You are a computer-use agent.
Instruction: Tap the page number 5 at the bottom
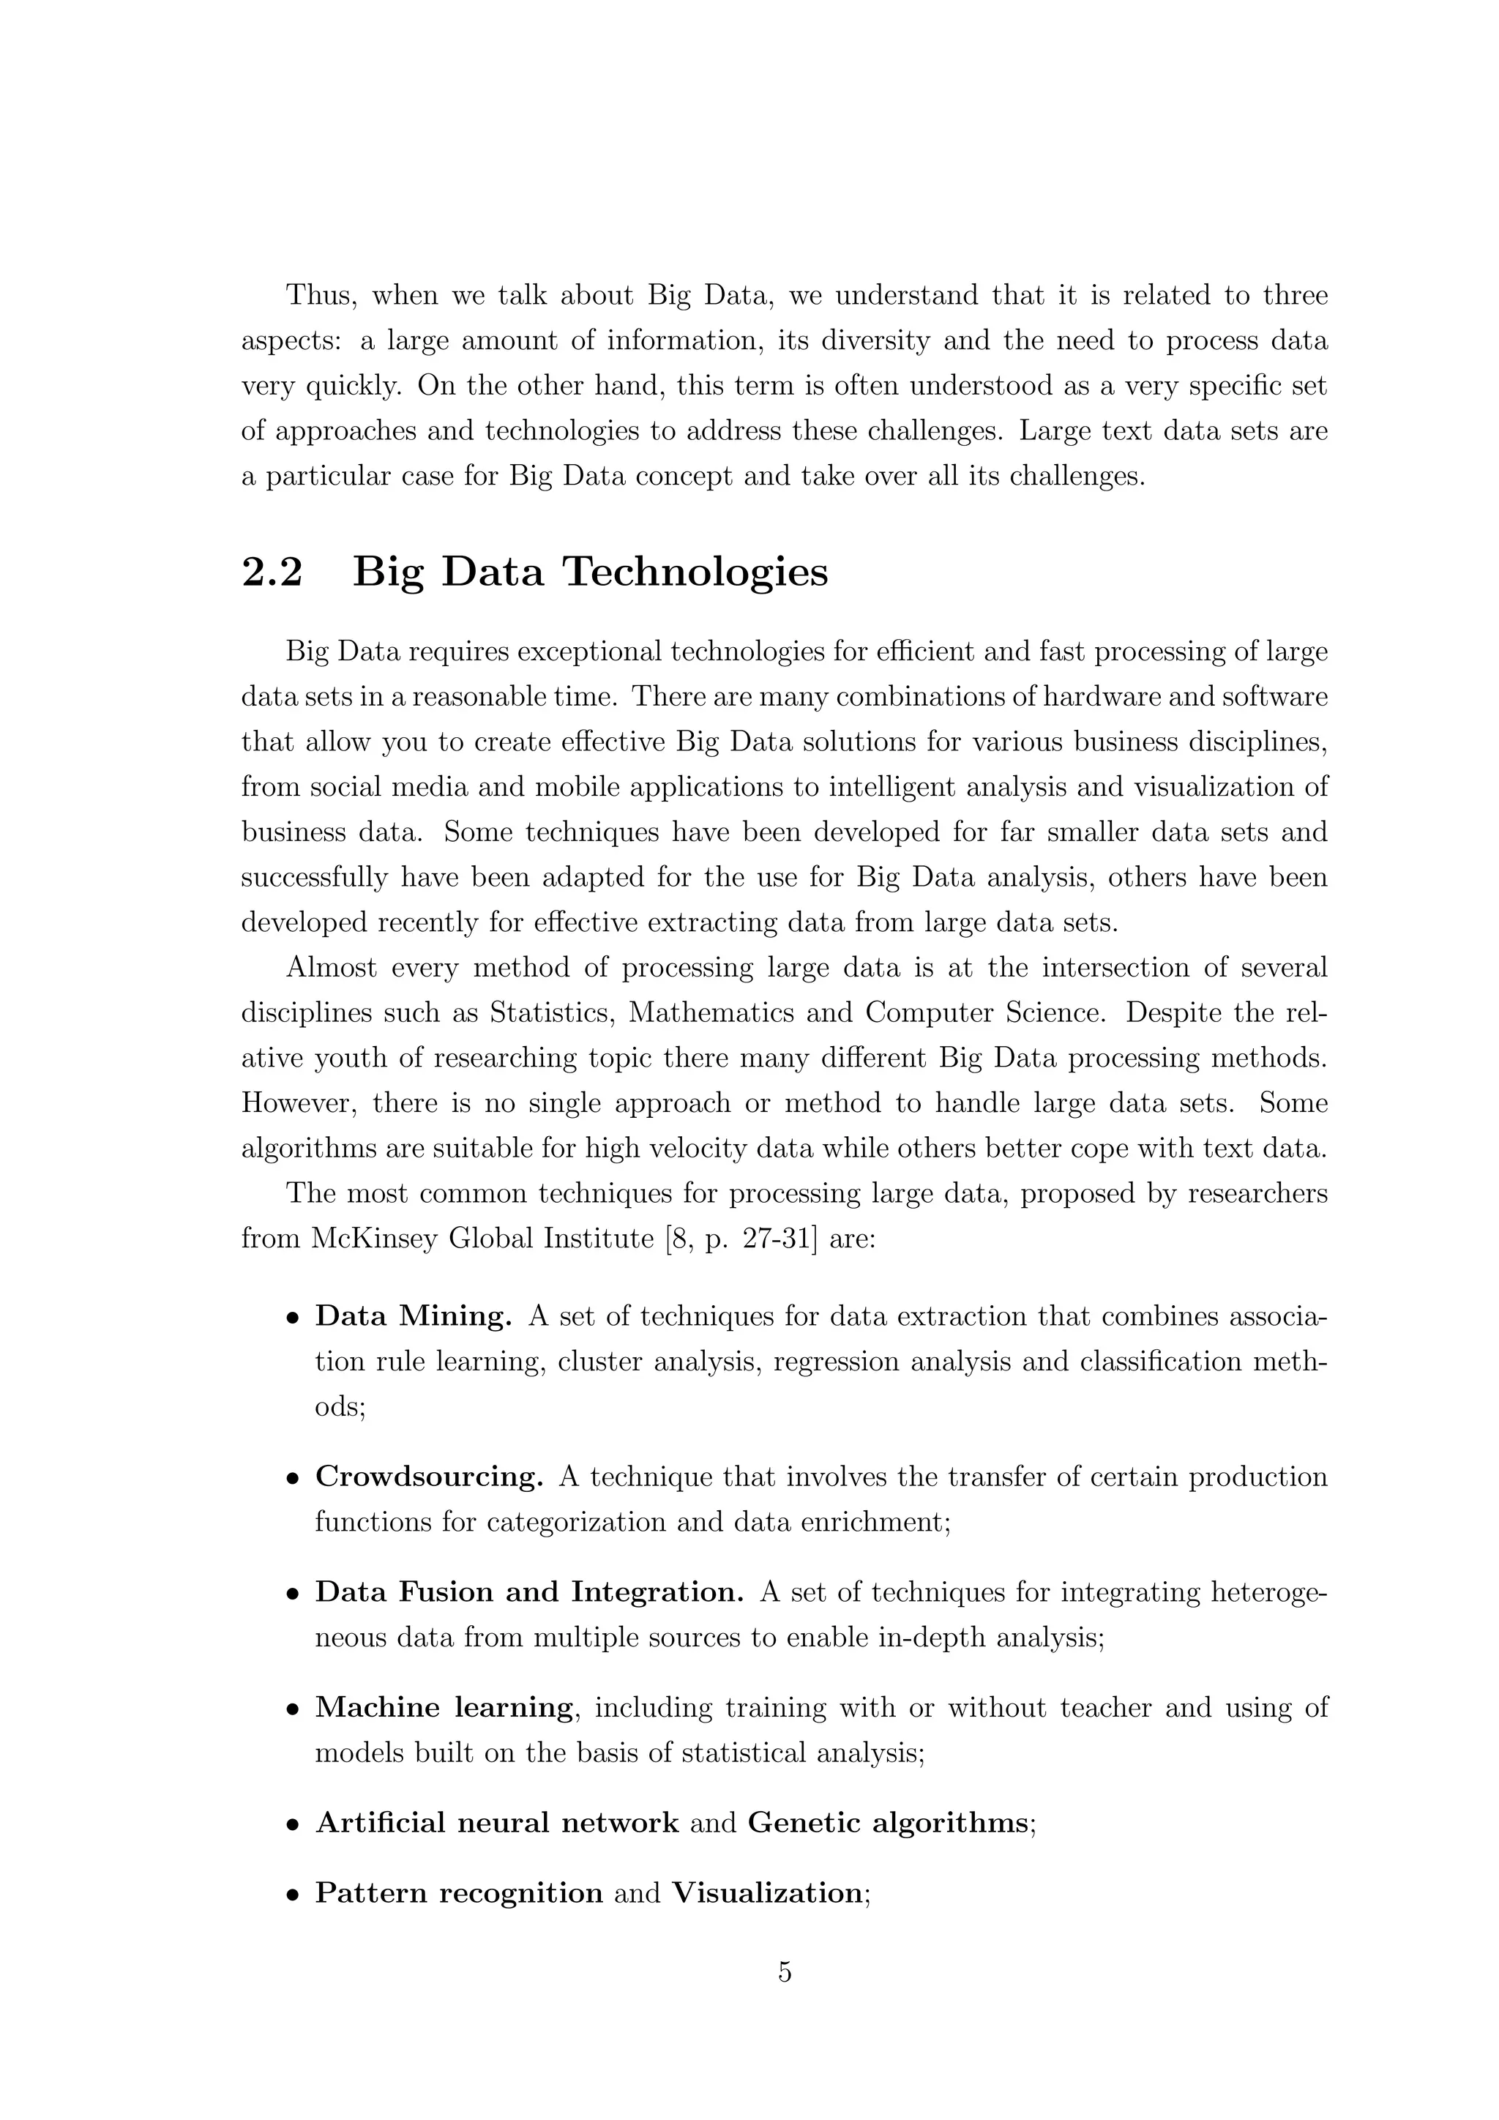click(x=785, y=1971)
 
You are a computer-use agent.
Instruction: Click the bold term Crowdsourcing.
click(x=429, y=1477)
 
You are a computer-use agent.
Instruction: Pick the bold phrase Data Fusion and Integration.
click(x=529, y=1592)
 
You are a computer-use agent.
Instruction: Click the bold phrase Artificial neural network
click(x=496, y=1823)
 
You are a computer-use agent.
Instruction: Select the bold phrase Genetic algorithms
click(x=887, y=1823)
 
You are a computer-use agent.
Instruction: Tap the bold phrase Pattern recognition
click(x=459, y=1893)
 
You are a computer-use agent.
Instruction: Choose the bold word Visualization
click(x=767, y=1893)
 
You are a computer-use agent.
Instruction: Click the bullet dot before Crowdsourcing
click(x=293, y=1479)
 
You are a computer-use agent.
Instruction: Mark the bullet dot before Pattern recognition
click(x=293, y=1895)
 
